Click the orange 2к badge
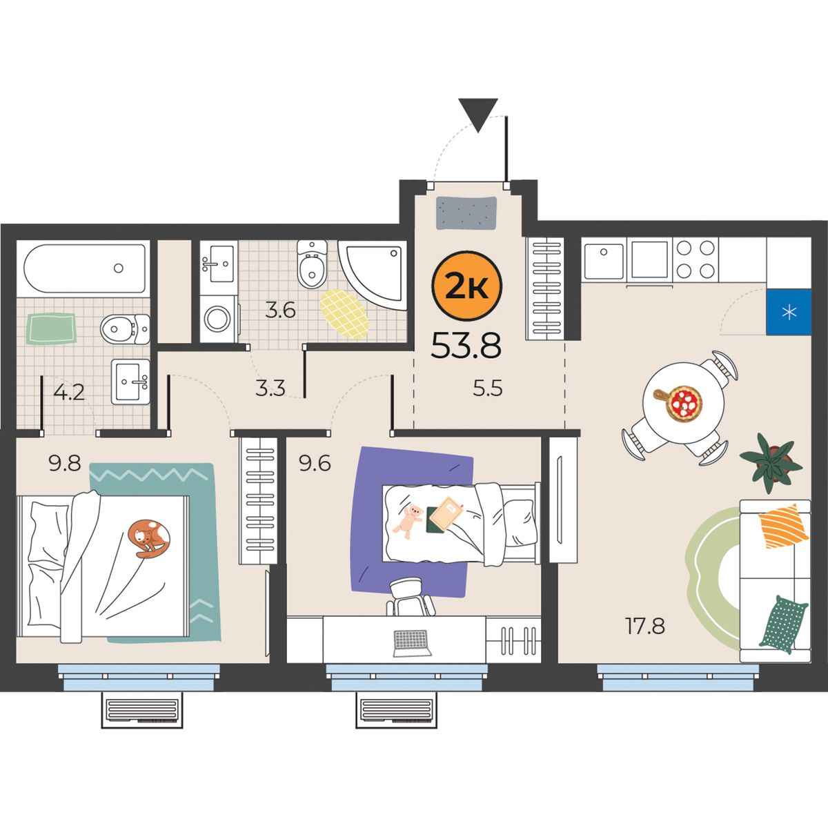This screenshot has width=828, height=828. point(466,287)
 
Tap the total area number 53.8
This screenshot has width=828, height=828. point(466,346)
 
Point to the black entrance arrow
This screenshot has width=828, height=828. point(477,115)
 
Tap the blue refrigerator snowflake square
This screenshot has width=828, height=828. point(789,311)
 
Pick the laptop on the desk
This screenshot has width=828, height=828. point(412,643)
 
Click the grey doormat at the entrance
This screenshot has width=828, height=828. point(466,213)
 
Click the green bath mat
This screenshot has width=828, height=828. point(51,328)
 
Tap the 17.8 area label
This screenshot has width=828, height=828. point(645,626)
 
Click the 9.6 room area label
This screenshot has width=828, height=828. point(315,464)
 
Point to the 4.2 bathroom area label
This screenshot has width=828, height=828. point(69,393)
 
